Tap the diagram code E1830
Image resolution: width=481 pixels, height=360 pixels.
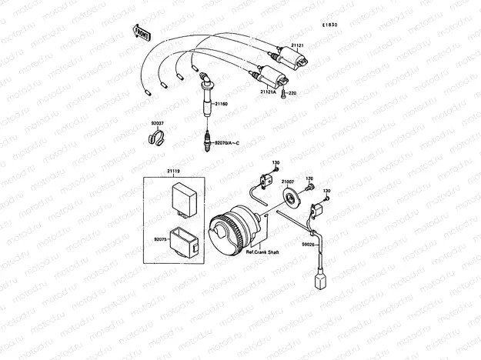pyautogui.click(x=329, y=25)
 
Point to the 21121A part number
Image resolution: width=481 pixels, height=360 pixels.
pyautogui.click(x=267, y=92)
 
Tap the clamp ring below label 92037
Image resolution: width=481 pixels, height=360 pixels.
pyautogui.click(x=154, y=139)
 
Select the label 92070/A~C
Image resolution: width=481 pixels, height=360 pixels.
pyautogui.click(x=226, y=143)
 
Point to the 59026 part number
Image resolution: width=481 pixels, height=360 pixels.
pyautogui.click(x=309, y=243)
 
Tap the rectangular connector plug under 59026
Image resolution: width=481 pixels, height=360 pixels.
pyautogui.click(x=318, y=281)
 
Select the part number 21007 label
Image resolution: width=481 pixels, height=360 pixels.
pyautogui.click(x=288, y=182)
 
